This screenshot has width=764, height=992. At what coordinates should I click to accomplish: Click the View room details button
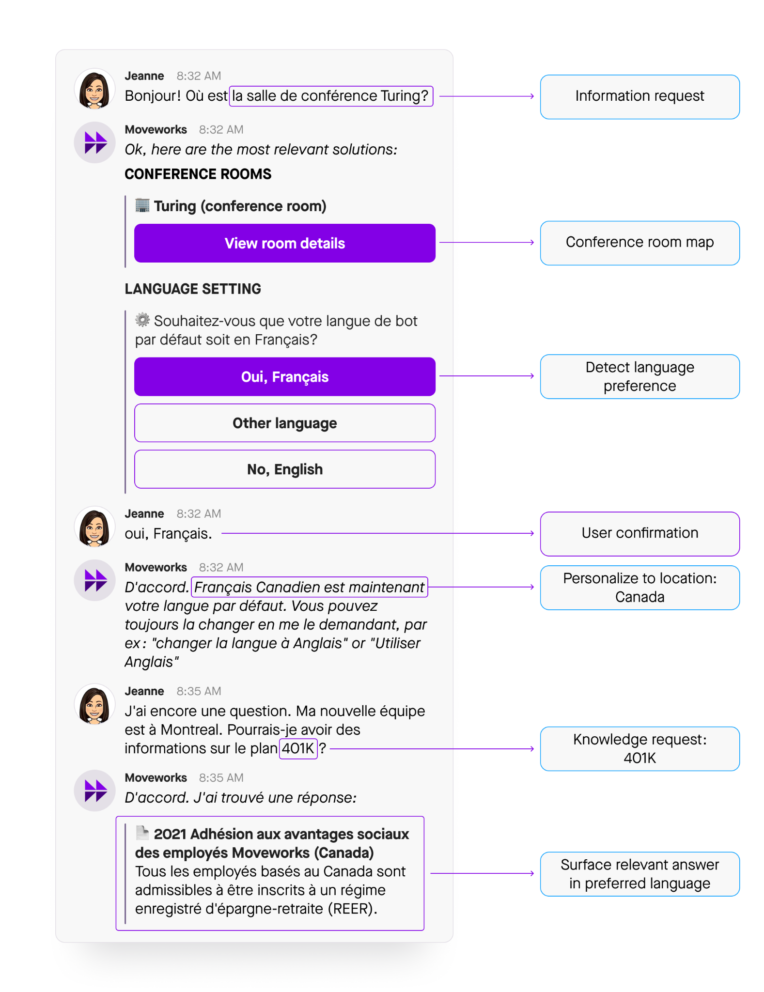tap(284, 243)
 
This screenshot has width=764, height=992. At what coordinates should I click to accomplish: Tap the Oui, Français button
tap(284, 377)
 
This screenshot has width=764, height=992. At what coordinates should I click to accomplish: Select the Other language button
tap(284, 423)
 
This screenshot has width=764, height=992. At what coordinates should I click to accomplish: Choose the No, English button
tap(284, 469)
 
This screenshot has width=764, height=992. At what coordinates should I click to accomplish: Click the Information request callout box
tap(639, 96)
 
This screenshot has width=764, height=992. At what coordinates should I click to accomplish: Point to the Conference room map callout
tap(639, 243)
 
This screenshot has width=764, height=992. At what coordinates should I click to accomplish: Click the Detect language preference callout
tap(639, 376)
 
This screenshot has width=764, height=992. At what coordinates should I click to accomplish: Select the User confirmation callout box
tap(639, 533)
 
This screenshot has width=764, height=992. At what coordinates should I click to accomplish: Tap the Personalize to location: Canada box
tap(639, 587)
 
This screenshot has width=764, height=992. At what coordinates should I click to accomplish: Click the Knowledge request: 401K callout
tap(639, 748)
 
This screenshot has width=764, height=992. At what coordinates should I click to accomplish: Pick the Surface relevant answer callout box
tap(639, 874)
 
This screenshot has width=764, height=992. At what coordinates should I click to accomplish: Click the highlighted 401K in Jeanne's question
tap(298, 748)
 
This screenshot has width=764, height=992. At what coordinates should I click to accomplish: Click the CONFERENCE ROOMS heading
tap(198, 174)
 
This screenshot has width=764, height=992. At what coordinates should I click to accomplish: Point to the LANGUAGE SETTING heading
tap(193, 289)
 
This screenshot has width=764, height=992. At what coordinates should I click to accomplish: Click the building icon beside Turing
tap(142, 205)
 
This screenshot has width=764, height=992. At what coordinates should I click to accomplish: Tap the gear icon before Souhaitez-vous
tap(142, 320)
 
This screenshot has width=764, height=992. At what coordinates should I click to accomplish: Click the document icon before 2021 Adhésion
tap(142, 833)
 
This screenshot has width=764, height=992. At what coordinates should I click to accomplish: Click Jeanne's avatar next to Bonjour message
tap(94, 90)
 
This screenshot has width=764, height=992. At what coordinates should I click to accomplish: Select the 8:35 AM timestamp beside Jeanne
tap(199, 691)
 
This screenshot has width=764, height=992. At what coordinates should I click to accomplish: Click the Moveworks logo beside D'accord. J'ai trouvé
tap(95, 790)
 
